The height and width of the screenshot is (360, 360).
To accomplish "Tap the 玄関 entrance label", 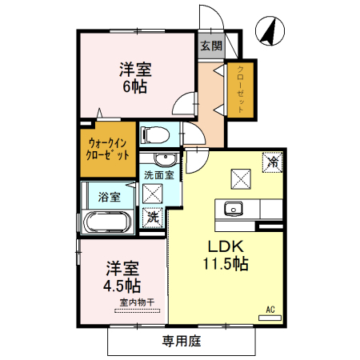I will click(x=210, y=46).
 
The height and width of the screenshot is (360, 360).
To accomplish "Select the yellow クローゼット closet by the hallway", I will click(x=240, y=88).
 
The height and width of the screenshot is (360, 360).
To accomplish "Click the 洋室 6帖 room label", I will click(x=136, y=78).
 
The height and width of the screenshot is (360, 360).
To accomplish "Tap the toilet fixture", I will click(x=154, y=134).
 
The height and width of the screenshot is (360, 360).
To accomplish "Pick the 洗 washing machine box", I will click(x=153, y=215).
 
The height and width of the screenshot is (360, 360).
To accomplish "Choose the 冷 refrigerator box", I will click(x=272, y=162).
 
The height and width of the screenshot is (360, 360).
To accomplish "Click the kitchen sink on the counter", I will click(x=234, y=208).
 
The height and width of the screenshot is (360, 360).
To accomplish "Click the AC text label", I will click(x=270, y=306).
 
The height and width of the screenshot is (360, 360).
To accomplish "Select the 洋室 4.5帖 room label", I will click(x=122, y=277).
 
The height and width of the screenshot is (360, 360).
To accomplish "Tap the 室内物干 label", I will click(x=137, y=302).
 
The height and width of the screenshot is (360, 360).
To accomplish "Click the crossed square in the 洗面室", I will click(x=153, y=191).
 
